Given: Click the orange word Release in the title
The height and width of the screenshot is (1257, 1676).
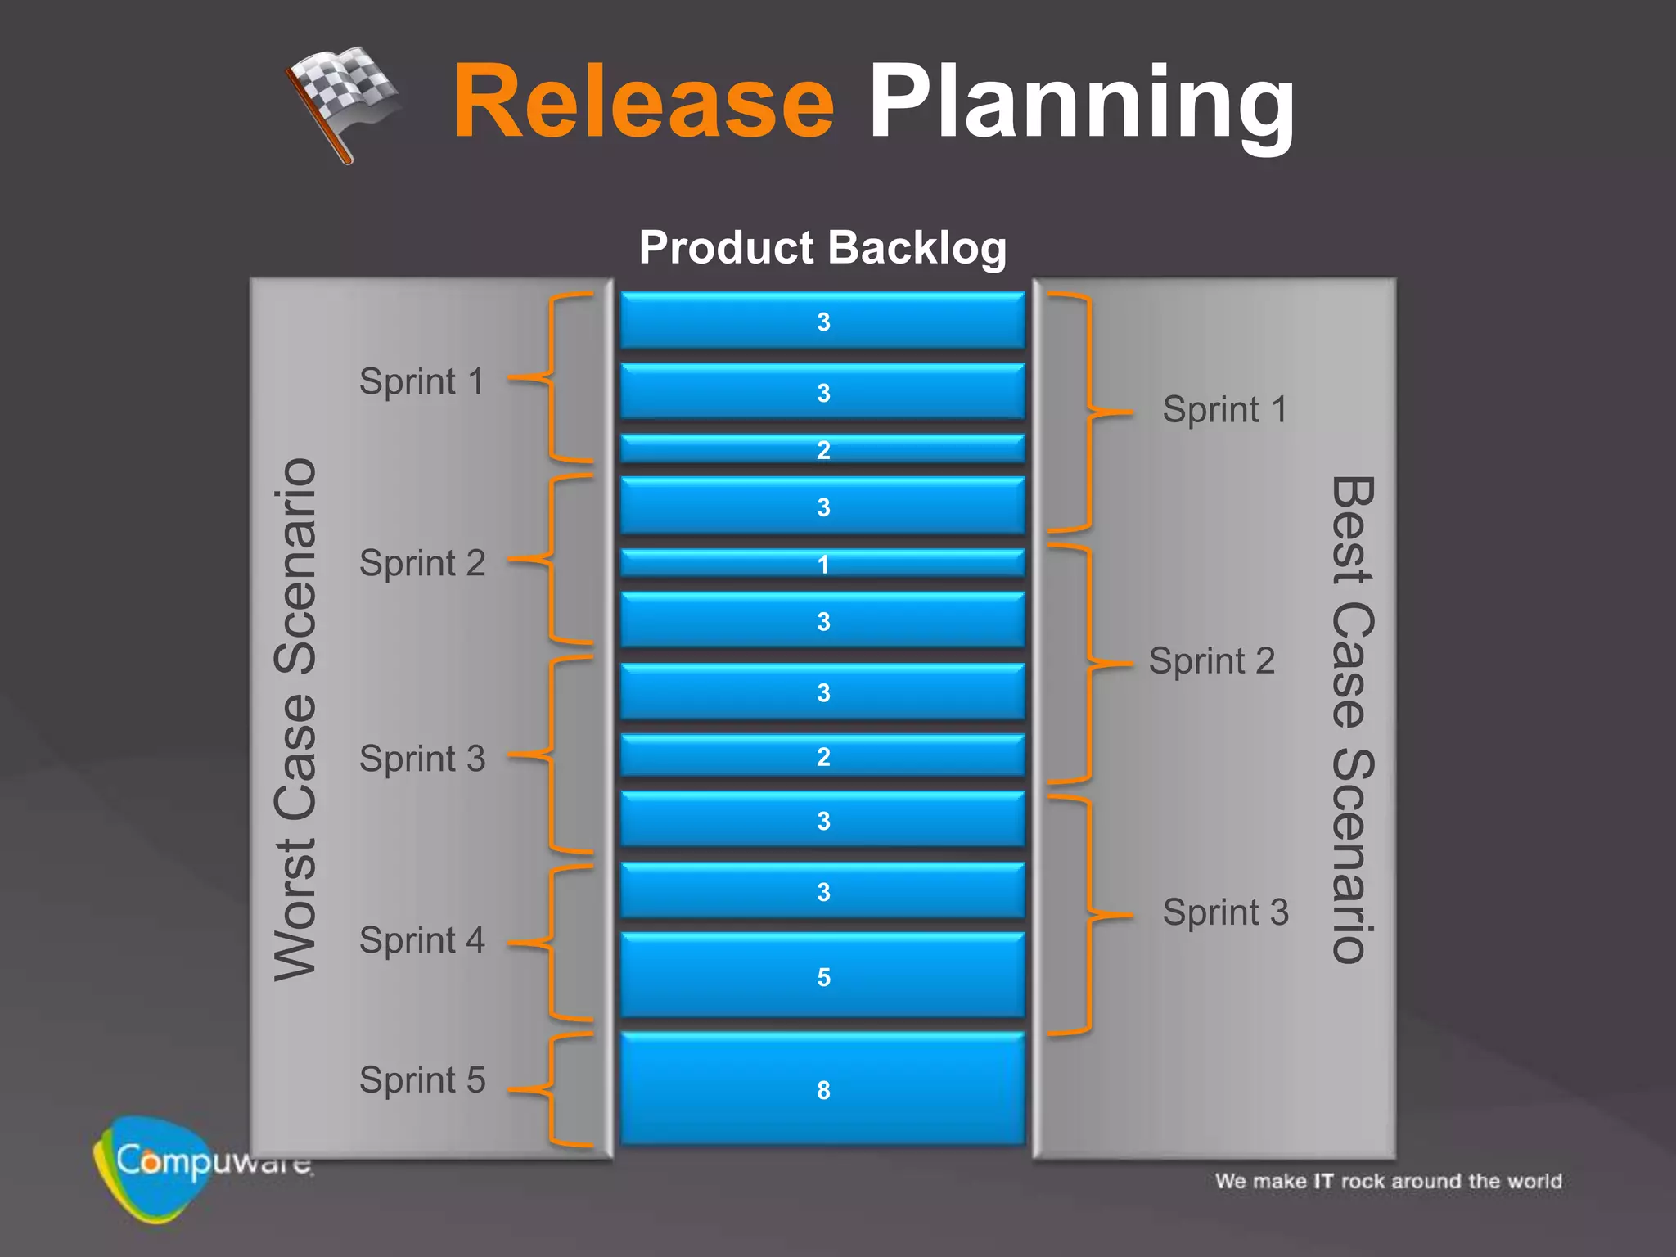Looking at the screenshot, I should point(643,102).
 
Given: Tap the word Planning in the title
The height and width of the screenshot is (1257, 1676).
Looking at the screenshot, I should point(1080,102).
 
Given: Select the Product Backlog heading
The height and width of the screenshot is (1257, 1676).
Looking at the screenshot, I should point(822,247).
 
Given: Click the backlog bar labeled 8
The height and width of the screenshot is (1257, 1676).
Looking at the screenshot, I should point(822,1088).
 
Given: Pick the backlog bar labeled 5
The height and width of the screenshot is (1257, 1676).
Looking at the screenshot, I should point(822,975).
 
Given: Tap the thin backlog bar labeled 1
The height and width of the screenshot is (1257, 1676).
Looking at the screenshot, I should point(822,563).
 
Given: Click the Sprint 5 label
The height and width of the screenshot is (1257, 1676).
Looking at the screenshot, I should point(422,1080).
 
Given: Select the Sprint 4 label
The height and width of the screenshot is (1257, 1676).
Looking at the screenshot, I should point(422,940).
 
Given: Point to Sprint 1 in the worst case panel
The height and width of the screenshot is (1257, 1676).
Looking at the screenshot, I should point(422,381).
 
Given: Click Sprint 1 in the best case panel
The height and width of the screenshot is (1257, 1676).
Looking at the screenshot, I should point(1225,409).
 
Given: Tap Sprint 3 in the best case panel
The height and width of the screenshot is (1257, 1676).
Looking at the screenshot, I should point(1225,912).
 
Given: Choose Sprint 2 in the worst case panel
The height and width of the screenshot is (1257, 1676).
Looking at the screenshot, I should point(422,563).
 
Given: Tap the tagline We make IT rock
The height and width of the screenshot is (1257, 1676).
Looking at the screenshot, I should point(1388,1181).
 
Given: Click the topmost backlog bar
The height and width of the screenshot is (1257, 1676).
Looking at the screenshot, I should point(822,321).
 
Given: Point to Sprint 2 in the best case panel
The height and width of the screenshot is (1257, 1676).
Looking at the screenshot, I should point(1211,661).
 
